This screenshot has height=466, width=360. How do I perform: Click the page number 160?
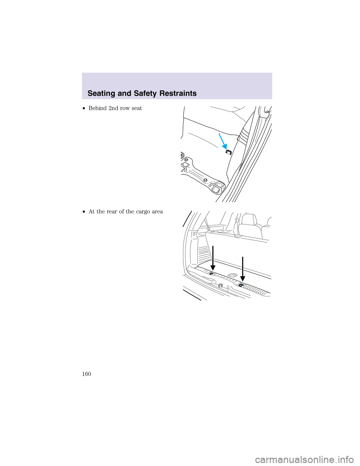point(86,374)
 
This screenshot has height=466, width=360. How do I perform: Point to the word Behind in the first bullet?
point(97,108)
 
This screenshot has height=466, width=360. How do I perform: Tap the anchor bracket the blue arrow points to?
point(228,152)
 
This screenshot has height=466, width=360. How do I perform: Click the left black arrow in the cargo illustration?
point(213,258)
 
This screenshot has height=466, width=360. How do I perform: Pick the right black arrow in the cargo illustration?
point(243,269)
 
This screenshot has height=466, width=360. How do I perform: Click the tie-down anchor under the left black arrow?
point(211,274)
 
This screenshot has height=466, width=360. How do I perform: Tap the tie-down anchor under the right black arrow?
point(241,285)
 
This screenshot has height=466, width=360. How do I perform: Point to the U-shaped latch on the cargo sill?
point(220,286)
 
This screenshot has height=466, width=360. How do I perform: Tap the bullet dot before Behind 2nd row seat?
point(85,108)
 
